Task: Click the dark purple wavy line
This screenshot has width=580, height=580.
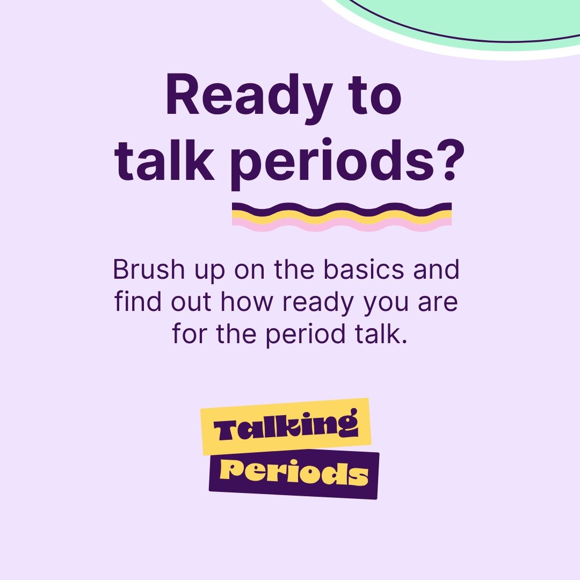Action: (x=342, y=207)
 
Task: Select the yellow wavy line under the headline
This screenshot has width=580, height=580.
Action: (x=342, y=216)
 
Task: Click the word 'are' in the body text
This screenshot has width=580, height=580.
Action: (x=438, y=302)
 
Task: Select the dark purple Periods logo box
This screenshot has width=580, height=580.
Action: (x=294, y=474)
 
